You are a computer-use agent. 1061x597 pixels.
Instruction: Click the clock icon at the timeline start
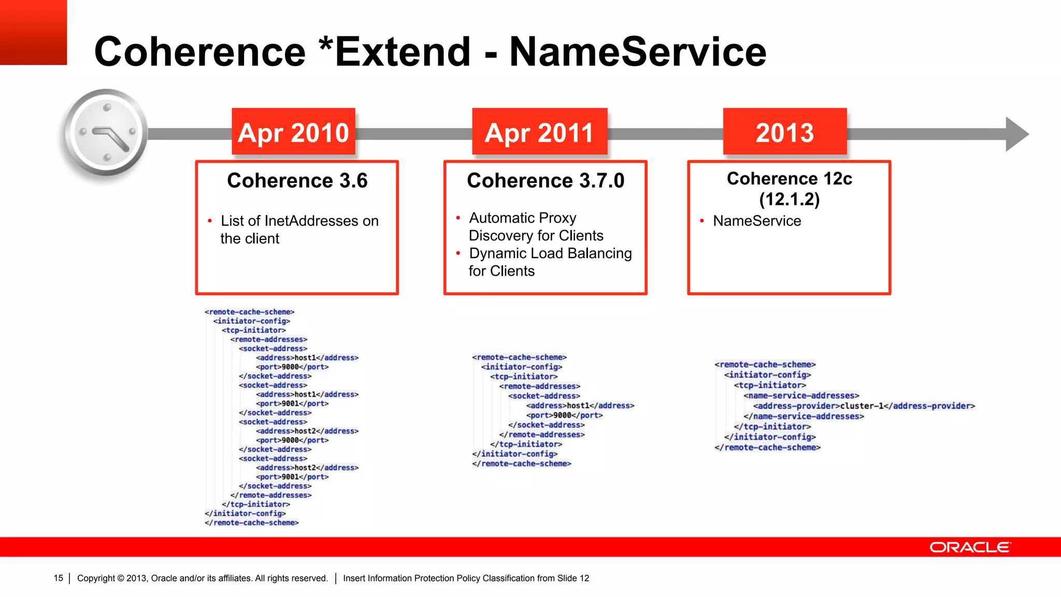pos(106,132)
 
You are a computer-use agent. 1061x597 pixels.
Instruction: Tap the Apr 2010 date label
pos(293,132)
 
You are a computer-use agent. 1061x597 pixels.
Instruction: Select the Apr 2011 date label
pos(539,132)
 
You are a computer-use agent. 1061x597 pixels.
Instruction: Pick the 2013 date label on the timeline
pos(784,132)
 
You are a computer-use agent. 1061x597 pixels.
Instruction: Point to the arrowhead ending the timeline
pos(1016,134)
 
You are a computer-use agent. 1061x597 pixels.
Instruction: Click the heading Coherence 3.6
pos(297,180)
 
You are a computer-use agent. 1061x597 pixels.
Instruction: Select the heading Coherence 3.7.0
pos(546,180)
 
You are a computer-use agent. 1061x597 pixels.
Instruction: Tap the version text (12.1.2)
pos(789,199)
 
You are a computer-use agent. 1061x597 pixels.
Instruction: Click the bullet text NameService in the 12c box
pos(757,221)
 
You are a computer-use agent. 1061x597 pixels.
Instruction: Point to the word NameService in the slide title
pos(638,52)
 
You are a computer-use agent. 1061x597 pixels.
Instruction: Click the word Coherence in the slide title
pos(200,52)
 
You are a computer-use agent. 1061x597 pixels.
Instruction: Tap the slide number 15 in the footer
pos(58,578)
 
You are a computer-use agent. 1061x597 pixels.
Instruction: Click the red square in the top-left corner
pos(33,32)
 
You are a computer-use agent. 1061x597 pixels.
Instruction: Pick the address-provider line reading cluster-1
pos(864,406)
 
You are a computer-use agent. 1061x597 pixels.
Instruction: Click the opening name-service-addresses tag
pos(801,395)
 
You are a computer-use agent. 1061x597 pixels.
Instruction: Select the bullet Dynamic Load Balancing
pos(550,253)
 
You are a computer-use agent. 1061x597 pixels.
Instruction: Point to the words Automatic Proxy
pos(522,218)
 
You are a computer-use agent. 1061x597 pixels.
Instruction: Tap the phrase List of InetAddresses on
pos(299,221)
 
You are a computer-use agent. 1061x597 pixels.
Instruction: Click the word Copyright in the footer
pos(96,578)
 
